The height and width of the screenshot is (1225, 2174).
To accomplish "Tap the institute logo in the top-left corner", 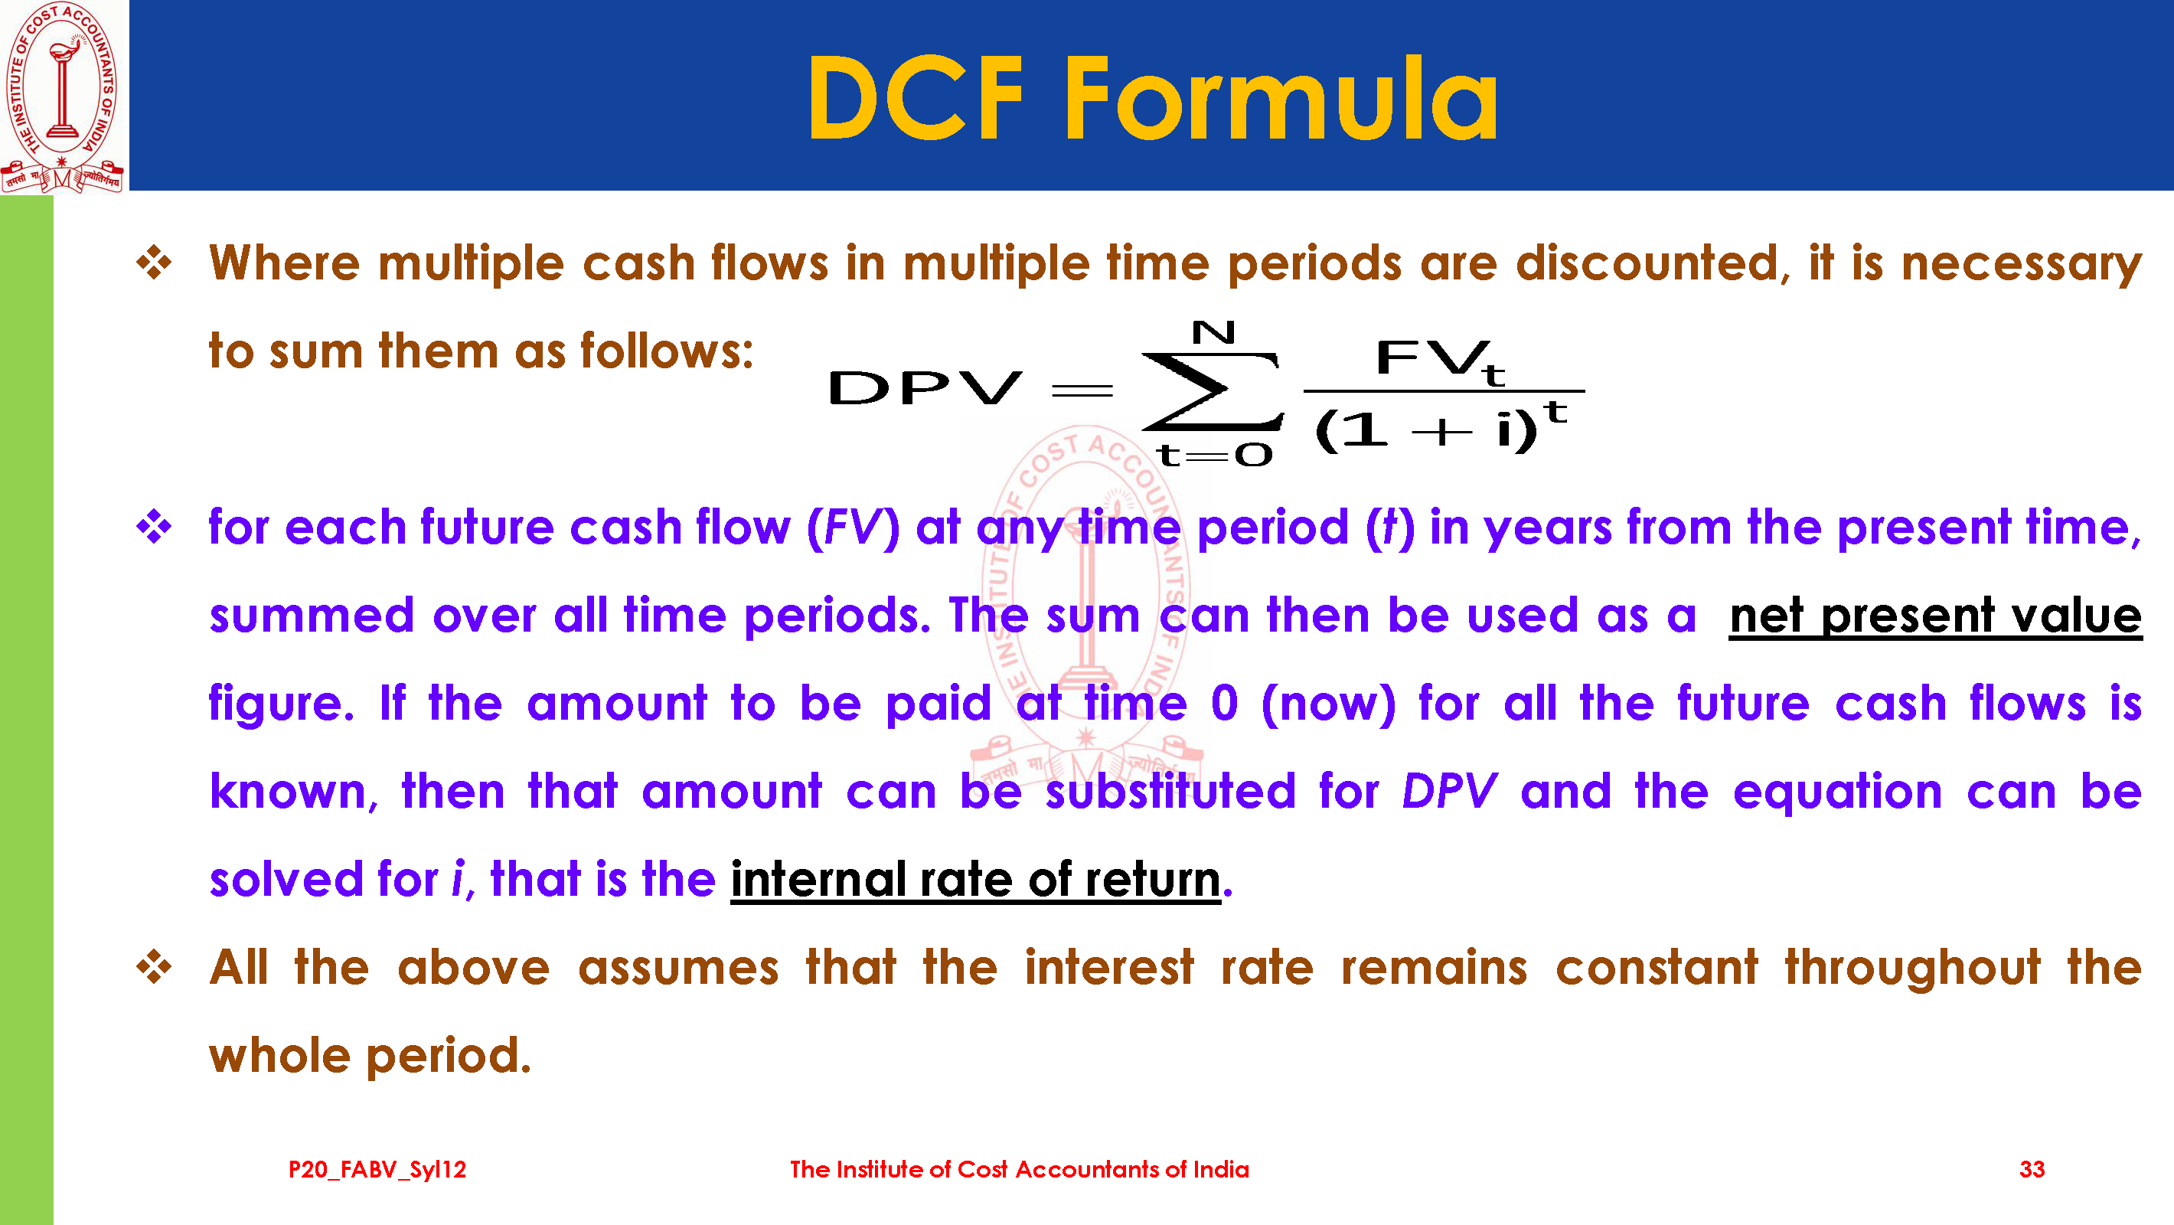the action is [x=64, y=97].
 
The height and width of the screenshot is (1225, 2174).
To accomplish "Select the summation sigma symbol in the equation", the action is [x=1213, y=391].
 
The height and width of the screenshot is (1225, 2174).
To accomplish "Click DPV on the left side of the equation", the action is [x=925, y=388].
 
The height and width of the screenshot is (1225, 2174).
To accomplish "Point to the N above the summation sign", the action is [x=1213, y=332].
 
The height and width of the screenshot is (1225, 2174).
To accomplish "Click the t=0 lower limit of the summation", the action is [x=1213, y=456].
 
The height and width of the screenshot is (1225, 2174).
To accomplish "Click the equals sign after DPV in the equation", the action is [x=1082, y=391].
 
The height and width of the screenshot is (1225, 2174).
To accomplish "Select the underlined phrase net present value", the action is [x=1935, y=616].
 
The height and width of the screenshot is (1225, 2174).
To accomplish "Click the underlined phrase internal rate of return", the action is [x=975, y=880].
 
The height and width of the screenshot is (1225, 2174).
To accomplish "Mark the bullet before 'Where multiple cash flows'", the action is [x=155, y=263].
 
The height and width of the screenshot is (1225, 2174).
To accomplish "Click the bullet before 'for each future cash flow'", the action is [x=155, y=528].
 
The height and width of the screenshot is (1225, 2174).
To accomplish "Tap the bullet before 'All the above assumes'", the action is [x=155, y=968].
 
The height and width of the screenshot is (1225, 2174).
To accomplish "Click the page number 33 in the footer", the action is [x=2032, y=1169].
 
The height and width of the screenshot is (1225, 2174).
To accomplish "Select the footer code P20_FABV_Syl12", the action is [x=377, y=1170].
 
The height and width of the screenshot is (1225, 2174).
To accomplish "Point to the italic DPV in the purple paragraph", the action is [x=1449, y=792].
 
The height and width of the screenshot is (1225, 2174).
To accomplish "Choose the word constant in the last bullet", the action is [x=1657, y=968].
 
